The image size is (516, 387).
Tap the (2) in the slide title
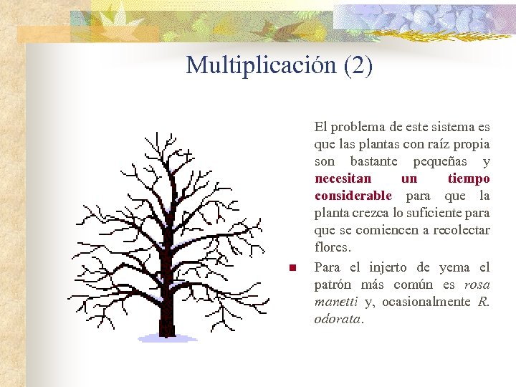(x=358, y=65)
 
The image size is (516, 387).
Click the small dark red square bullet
(x=292, y=269)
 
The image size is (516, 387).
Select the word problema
(x=358, y=127)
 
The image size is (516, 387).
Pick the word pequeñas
(x=443, y=161)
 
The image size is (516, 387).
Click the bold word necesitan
(x=343, y=178)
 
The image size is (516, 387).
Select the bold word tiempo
(x=469, y=178)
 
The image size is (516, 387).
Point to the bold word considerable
(x=353, y=196)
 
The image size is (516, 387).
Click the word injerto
(x=388, y=267)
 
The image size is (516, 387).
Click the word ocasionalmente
(x=426, y=302)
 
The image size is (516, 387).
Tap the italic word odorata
(x=338, y=319)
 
